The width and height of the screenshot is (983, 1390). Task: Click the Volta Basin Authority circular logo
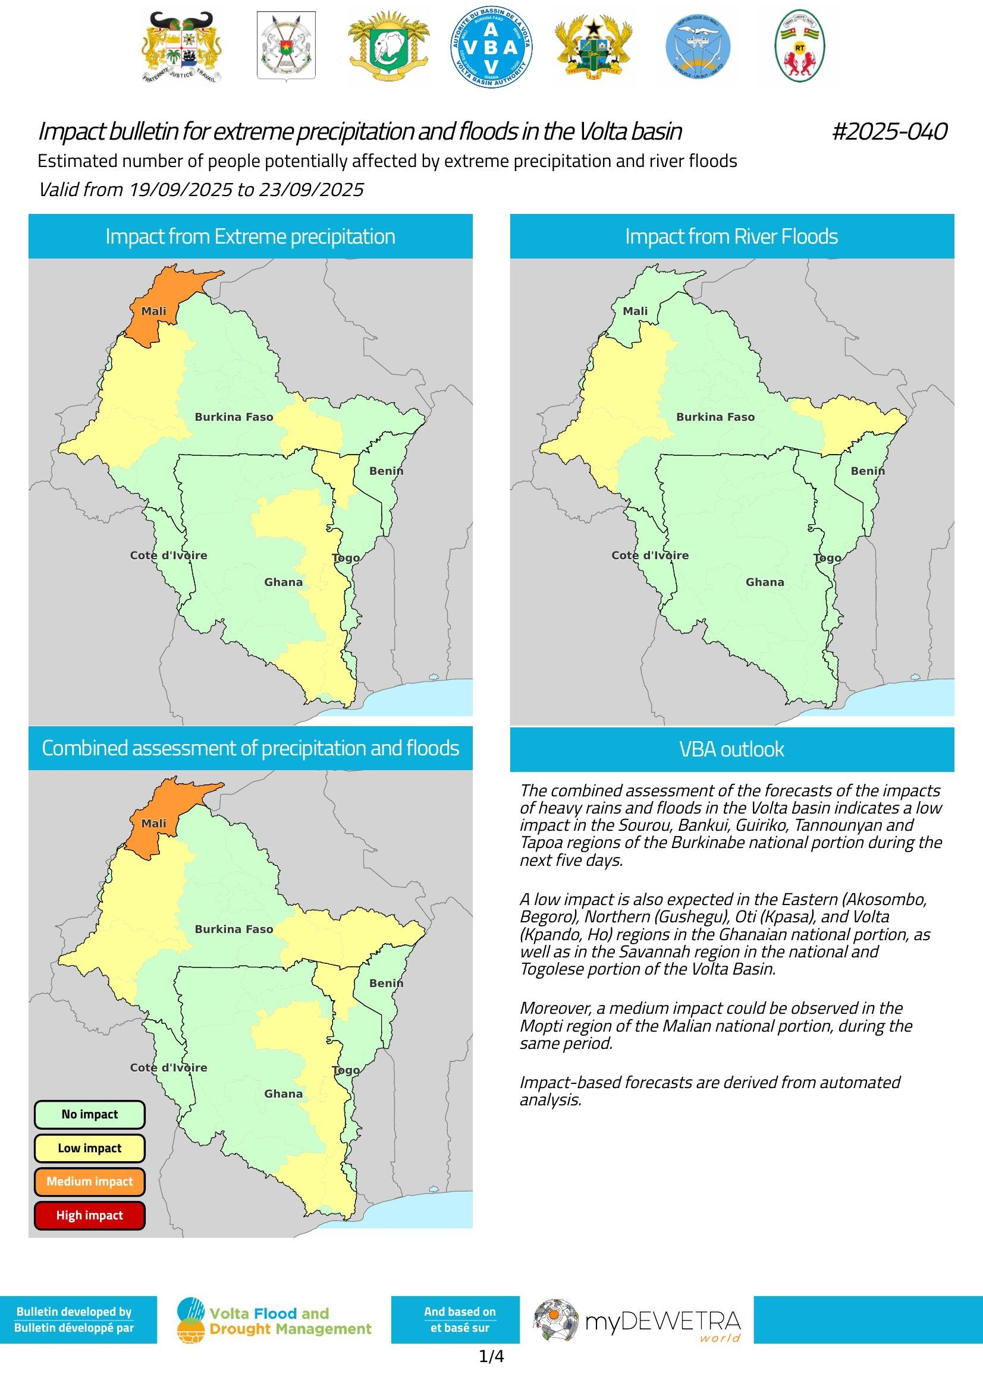pyautogui.click(x=491, y=46)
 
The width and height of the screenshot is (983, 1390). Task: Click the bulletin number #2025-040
pyautogui.click(x=889, y=131)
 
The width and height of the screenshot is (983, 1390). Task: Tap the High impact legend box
pyautogui.click(x=90, y=1215)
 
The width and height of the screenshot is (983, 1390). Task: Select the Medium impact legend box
pyautogui.click(x=90, y=1181)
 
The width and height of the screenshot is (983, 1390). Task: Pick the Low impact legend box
pyautogui.click(x=90, y=1148)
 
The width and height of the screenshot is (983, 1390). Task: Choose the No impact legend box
pyautogui.click(x=90, y=1114)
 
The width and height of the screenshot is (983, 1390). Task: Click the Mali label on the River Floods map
pyautogui.click(x=635, y=311)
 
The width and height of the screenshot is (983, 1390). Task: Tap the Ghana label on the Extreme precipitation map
pyautogui.click(x=283, y=582)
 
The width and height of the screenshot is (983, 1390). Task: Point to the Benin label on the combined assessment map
pyautogui.click(x=386, y=983)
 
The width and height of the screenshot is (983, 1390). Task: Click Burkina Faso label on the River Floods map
pyautogui.click(x=715, y=417)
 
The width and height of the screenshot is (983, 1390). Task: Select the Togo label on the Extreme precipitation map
pyautogui.click(x=346, y=557)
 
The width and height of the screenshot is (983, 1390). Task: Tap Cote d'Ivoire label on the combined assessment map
pyautogui.click(x=168, y=1067)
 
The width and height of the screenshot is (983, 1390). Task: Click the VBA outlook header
pyautogui.click(x=731, y=749)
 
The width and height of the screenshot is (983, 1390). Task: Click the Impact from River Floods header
pyautogui.click(x=731, y=236)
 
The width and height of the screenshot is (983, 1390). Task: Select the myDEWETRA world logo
pyautogui.click(x=637, y=1320)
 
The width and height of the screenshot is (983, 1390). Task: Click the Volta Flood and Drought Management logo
pyautogui.click(x=274, y=1320)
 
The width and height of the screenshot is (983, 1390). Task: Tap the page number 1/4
pyautogui.click(x=491, y=1357)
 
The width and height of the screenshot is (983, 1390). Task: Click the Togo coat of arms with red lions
pyautogui.click(x=799, y=46)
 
